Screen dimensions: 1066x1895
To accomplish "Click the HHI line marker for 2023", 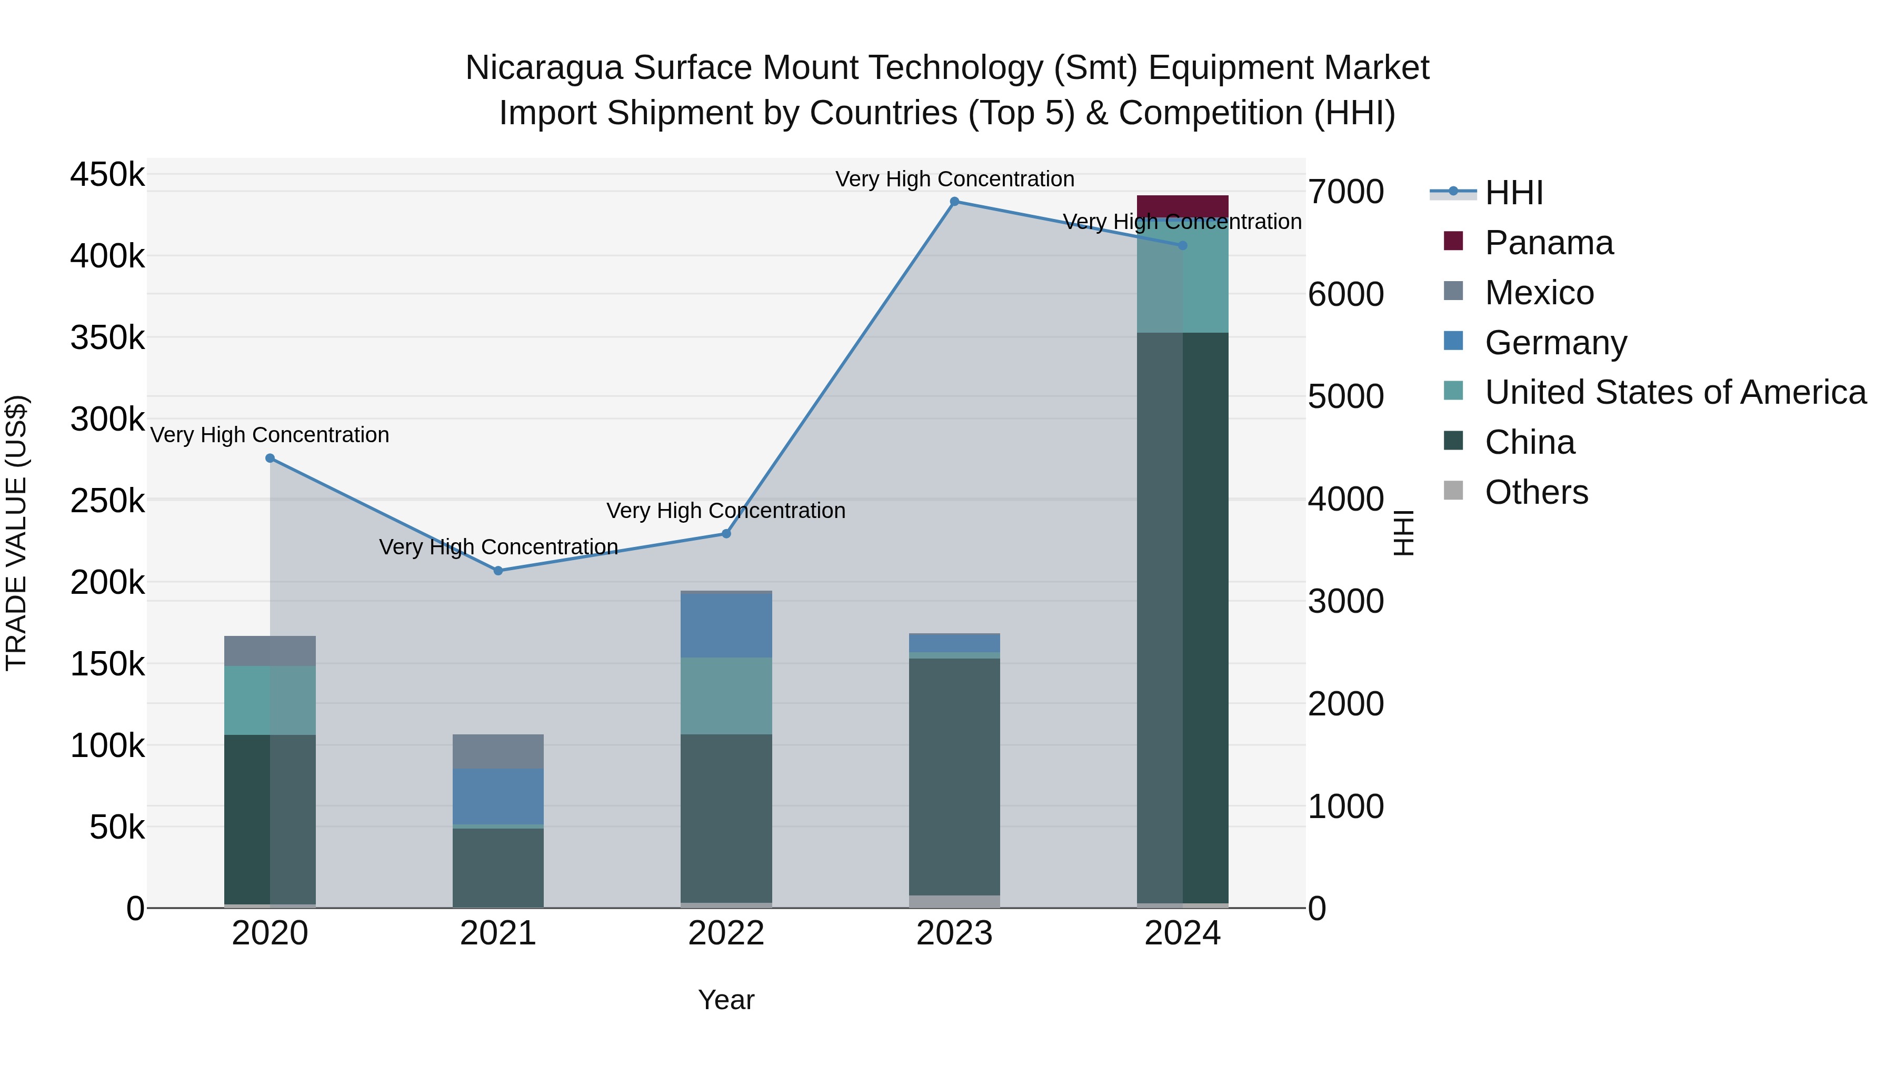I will (954, 202).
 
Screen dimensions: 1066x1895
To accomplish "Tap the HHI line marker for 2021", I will (498, 571).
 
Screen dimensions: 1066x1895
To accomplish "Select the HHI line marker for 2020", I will (270, 459).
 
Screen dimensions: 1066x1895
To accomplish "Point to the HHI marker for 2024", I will (1182, 246).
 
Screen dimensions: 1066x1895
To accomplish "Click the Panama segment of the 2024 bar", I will (1182, 206).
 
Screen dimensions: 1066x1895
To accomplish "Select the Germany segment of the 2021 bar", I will (498, 797).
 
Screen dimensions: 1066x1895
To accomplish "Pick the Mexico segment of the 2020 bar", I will (270, 651).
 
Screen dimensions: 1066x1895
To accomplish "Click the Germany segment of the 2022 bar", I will (726, 625).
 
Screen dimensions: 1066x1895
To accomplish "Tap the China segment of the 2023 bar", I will (954, 776).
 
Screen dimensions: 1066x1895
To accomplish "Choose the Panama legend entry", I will (1549, 243).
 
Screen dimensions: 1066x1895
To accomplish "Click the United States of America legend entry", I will (1675, 392).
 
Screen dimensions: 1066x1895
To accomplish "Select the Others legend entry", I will (1536, 492).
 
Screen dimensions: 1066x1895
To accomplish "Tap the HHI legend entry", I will (1513, 193).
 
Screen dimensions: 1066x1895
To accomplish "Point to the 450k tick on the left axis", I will (107, 175).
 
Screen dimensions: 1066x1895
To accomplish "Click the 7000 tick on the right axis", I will (1346, 192).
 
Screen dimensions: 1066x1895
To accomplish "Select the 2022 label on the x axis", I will (726, 933).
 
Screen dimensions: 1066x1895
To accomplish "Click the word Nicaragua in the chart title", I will (544, 68).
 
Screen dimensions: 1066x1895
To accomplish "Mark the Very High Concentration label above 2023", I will (954, 180).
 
